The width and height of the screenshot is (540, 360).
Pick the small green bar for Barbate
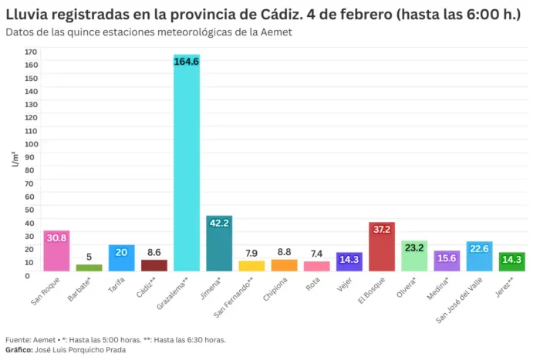(x=89, y=267)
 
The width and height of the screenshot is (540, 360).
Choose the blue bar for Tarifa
(x=121, y=260)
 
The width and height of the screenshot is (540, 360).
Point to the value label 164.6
(x=186, y=62)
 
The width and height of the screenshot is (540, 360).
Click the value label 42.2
(x=219, y=223)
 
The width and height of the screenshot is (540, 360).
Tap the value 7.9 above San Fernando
(x=251, y=253)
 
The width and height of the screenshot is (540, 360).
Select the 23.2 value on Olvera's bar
(x=414, y=248)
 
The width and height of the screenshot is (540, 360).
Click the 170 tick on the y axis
(x=31, y=52)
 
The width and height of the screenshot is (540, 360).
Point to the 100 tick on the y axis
(x=31, y=143)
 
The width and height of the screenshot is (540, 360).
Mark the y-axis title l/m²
(x=15, y=160)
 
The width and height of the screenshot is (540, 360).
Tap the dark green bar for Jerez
(x=511, y=262)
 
